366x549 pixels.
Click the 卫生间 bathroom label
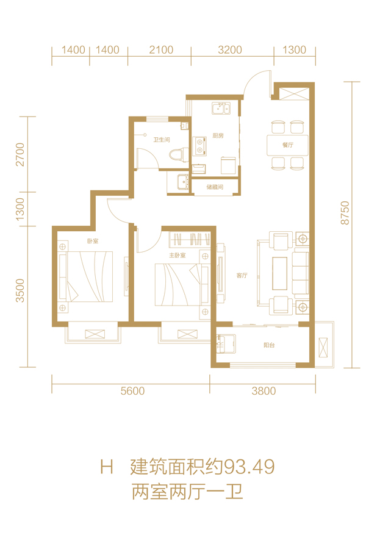(162, 140)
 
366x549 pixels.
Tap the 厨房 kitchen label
(218, 135)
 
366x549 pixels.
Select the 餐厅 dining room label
(288, 145)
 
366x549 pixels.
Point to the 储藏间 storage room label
(215, 187)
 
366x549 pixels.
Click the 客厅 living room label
(242, 276)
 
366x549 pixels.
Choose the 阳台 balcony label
(269, 345)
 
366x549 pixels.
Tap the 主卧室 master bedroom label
(178, 255)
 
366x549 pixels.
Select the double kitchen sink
(221, 108)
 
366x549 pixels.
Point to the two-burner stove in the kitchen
(199, 146)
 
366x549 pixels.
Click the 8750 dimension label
(345, 213)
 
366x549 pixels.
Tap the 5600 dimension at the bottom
(132, 391)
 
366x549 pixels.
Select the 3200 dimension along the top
(230, 50)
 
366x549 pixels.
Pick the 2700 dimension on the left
(20, 154)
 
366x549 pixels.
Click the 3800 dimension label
(264, 391)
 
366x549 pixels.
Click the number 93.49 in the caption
(249, 467)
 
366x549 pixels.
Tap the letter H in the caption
(107, 467)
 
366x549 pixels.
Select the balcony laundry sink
(226, 343)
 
